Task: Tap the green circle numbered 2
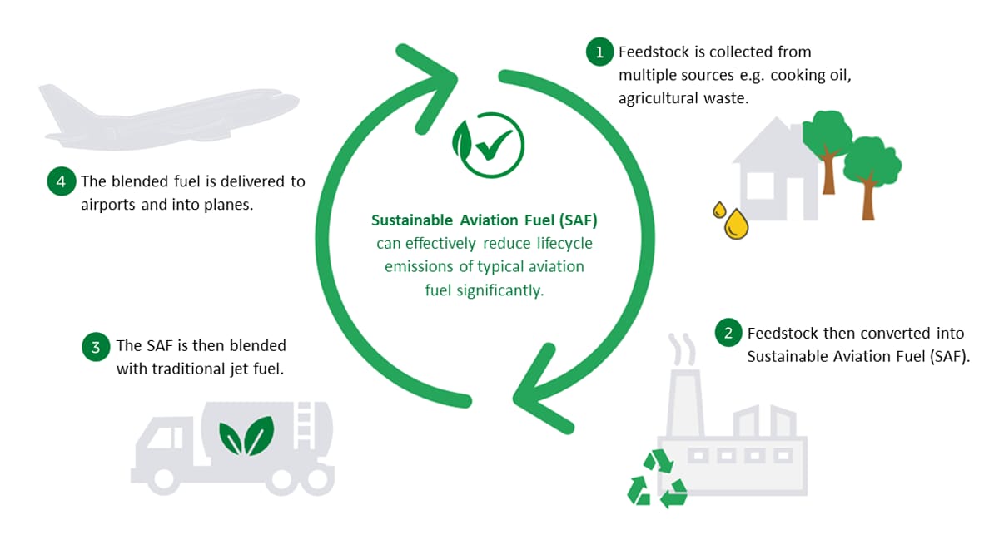tap(728, 334)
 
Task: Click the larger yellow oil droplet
tap(736, 224)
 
